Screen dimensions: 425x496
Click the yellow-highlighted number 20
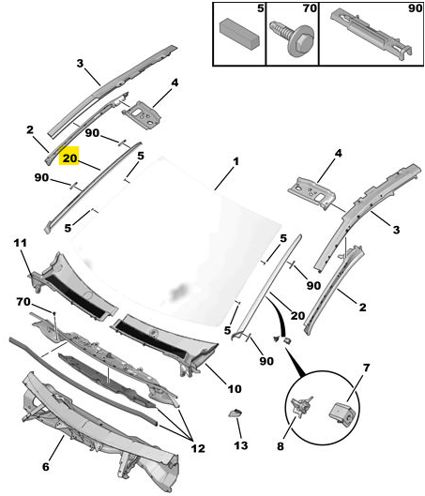point(69,158)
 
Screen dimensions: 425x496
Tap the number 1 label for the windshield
point(235,161)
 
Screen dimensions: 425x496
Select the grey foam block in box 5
point(239,34)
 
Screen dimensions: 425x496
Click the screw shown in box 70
point(293,38)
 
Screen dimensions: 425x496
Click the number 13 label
point(241,445)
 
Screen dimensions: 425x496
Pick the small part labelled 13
point(235,413)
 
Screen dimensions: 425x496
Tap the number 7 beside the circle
point(366,368)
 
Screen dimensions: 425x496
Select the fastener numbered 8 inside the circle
point(301,406)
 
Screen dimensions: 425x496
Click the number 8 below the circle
point(281,446)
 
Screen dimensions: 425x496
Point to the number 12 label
point(198,448)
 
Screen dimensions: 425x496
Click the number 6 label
point(46,467)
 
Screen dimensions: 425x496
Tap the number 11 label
point(21,243)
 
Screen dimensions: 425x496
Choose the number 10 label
point(235,389)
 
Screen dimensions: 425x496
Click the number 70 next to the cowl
point(23,302)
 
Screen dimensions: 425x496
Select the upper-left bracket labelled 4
point(142,114)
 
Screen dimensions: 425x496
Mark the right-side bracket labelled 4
point(311,192)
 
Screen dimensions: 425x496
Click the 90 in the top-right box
point(415,8)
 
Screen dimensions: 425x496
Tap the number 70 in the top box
point(310,8)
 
